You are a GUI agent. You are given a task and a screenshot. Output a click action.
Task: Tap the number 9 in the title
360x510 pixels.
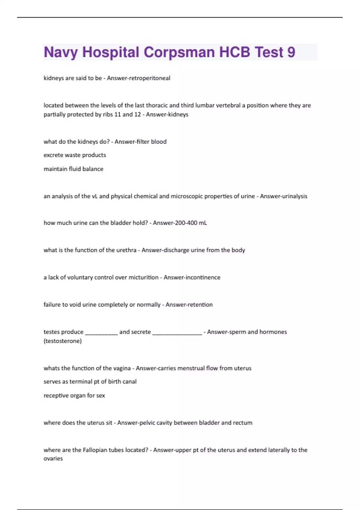tap(291, 52)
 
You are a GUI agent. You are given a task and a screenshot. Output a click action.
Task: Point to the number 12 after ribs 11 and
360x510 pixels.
tap(137, 114)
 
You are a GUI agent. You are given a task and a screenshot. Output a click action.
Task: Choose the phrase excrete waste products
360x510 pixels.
tap(75, 155)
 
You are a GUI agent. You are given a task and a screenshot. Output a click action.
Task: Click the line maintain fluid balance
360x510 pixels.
tap(73, 169)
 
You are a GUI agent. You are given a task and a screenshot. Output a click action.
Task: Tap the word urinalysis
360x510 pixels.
tap(292, 196)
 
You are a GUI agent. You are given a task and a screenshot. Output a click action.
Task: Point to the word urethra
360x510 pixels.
tap(126, 250)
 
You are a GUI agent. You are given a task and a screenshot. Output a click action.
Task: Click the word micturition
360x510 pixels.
tap(143, 277)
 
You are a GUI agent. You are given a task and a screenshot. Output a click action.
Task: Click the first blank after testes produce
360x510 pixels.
tap(101, 332)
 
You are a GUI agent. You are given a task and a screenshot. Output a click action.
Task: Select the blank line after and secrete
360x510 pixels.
tap(177, 332)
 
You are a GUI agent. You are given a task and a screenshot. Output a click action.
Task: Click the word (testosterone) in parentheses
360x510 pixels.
tap(63, 341)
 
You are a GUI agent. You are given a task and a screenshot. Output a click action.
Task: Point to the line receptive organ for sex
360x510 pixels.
tap(74, 396)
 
